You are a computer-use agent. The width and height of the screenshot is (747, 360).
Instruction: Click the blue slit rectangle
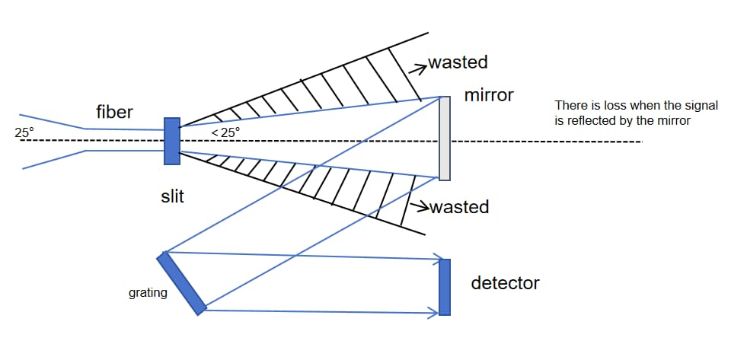pyautogui.click(x=171, y=141)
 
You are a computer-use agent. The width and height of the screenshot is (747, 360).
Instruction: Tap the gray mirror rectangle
pyautogui.click(x=445, y=138)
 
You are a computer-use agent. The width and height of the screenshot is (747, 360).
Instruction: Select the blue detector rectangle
pyautogui.click(x=445, y=287)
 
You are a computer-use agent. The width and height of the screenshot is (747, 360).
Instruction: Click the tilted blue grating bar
pyautogui.click(x=182, y=282)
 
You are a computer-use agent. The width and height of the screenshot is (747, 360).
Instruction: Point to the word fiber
pyautogui.click(x=115, y=113)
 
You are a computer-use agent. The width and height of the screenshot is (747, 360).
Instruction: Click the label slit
pyautogui.click(x=172, y=197)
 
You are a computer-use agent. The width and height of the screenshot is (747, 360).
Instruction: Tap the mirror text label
pyautogui.click(x=489, y=96)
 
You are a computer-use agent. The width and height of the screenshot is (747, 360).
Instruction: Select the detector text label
pyautogui.click(x=505, y=283)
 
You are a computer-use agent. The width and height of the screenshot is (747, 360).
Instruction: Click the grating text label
pyautogui.click(x=148, y=292)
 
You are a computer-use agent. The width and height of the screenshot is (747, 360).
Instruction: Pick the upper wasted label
pyautogui.click(x=458, y=62)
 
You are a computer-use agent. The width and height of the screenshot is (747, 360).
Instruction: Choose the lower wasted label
pyautogui.click(x=459, y=206)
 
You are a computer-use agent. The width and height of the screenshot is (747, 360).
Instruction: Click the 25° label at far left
pyautogui.click(x=24, y=133)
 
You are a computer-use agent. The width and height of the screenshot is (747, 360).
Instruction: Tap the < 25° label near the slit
pyautogui.click(x=225, y=132)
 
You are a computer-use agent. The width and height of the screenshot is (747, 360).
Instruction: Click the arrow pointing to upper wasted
pyautogui.click(x=418, y=67)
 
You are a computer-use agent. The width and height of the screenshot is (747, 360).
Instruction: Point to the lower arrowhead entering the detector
pyautogui.click(x=437, y=311)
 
